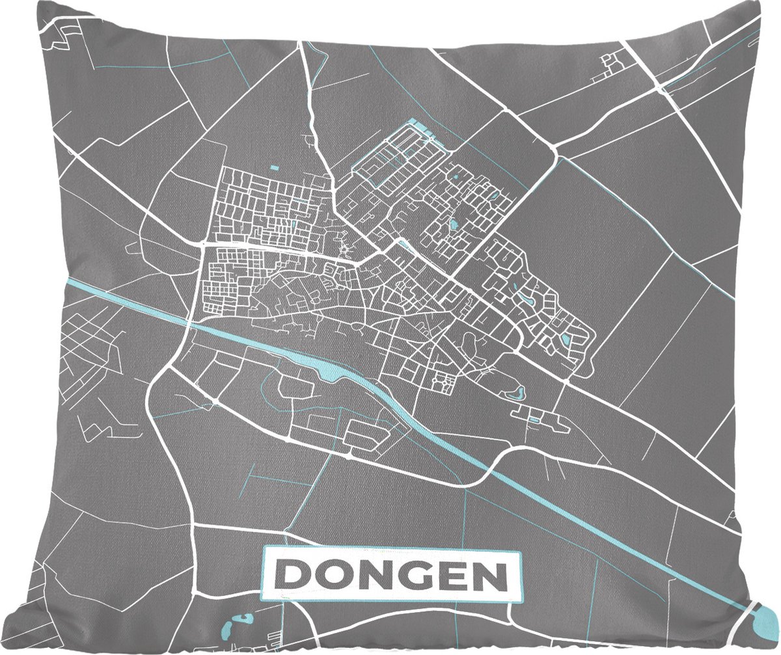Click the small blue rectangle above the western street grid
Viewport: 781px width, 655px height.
coord(274,168)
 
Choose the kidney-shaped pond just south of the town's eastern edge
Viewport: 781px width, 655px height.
coord(519,393)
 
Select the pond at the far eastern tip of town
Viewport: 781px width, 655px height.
coord(565,340)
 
